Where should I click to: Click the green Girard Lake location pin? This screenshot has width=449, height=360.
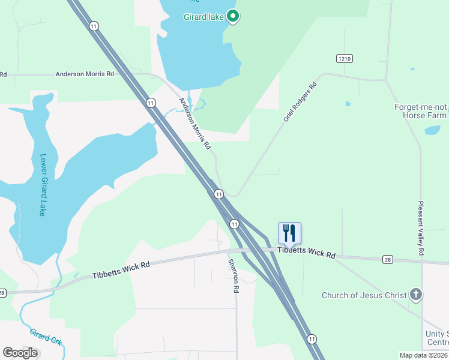pyautogui.click(x=232, y=16)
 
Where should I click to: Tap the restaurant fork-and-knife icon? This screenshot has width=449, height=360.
pyautogui.click(x=289, y=232)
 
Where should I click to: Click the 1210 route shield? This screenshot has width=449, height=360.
pyautogui.click(x=344, y=58)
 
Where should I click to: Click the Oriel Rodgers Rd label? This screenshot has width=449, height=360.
pyautogui.click(x=300, y=103)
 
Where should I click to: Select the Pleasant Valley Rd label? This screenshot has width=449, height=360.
pyautogui.click(x=421, y=229)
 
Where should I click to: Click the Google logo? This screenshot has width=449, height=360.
pyautogui.click(x=20, y=352)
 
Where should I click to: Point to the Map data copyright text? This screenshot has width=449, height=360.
pyautogui.click(x=423, y=355)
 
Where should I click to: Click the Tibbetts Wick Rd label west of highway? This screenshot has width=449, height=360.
pyautogui.click(x=121, y=269)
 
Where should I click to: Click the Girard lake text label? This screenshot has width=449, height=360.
pyautogui.click(x=203, y=17)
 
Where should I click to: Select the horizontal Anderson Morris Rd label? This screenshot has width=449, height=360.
pyautogui.click(x=85, y=74)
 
